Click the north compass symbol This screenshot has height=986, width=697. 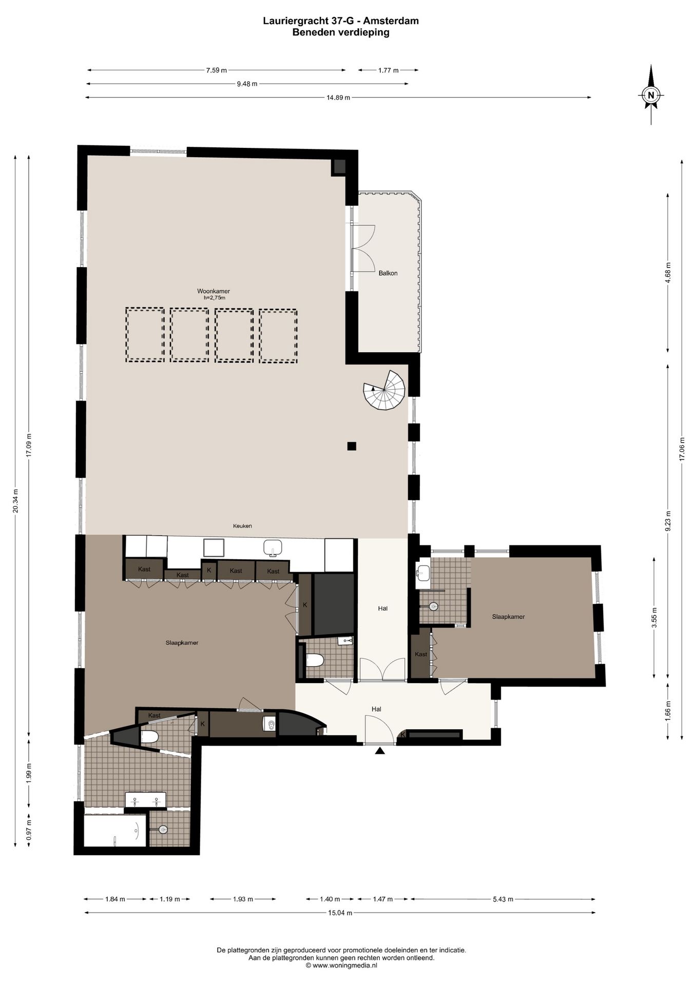tap(651, 95)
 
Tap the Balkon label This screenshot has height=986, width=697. tap(388, 273)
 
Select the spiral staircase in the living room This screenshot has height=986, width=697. tap(383, 390)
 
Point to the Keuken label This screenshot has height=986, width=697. tap(242, 526)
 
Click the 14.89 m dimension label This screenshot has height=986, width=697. tap(338, 98)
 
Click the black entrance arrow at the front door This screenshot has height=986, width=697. tap(379, 751)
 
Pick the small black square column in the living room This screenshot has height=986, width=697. tap(352, 446)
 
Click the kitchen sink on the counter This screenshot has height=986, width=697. tap(273, 548)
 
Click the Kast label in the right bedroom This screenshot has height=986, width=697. tap(421, 654)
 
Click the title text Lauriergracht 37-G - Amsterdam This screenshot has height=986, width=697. tap(341, 21)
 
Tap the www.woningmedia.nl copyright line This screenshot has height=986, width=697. tap(341, 965)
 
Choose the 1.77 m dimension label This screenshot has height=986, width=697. tap(388, 70)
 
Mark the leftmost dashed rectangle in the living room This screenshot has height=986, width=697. tap(145, 335)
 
